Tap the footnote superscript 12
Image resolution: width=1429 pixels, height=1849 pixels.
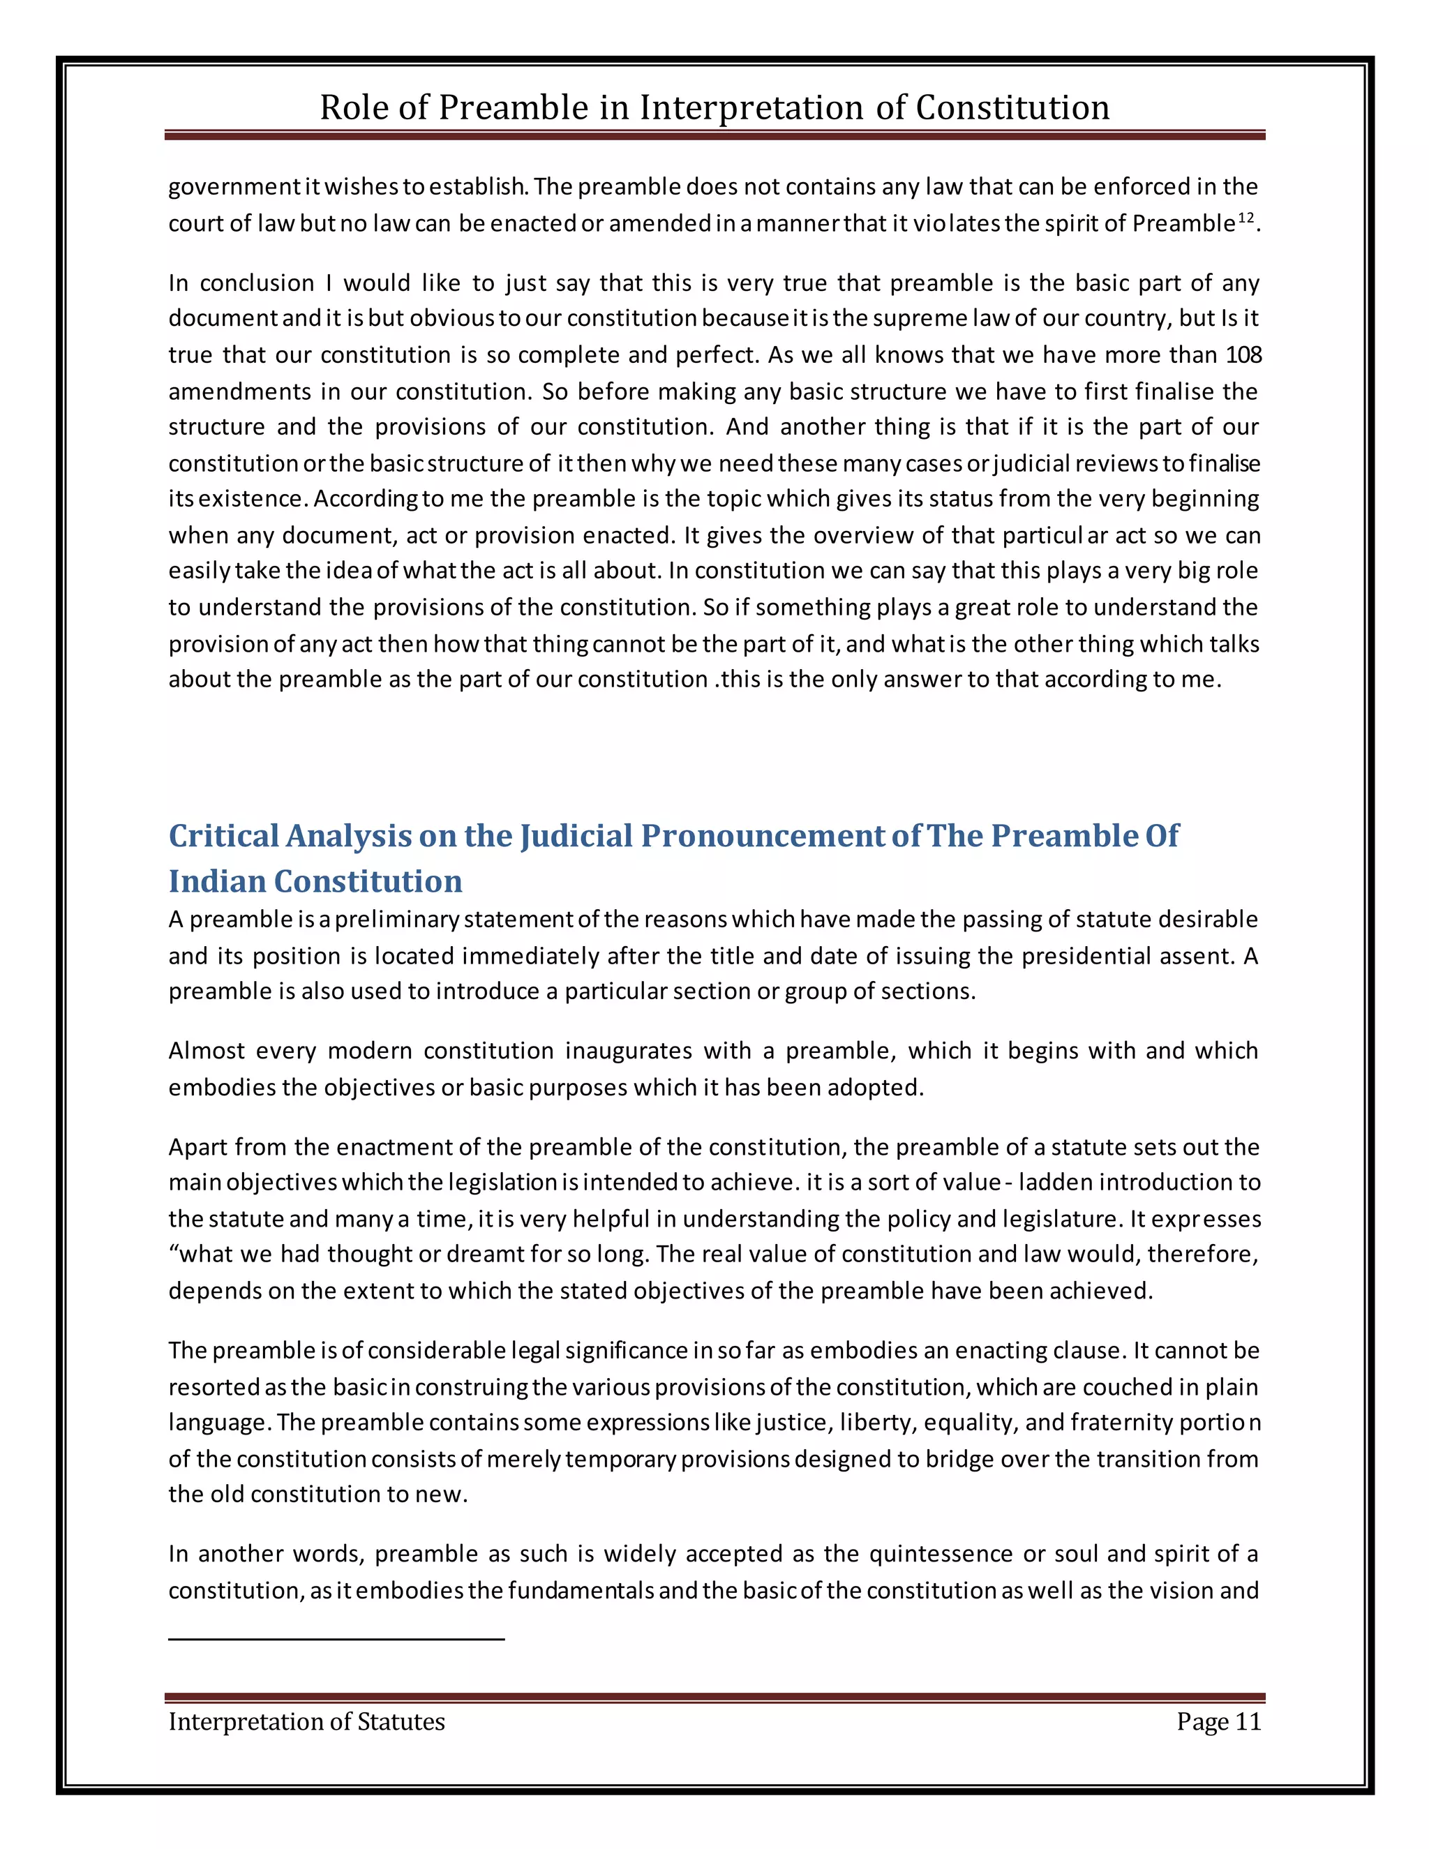(x=1245, y=218)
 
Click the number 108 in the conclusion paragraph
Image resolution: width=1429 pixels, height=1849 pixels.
(x=1243, y=354)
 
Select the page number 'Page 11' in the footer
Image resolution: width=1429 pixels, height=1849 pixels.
(x=1218, y=1721)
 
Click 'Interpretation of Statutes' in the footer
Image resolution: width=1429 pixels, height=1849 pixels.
(x=306, y=1721)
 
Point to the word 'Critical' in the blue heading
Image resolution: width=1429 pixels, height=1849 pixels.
(x=223, y=836)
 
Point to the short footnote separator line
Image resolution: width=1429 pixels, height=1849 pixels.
(x=336, y=1640)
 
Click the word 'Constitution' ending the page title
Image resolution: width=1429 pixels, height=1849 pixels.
(x=1012, y=108)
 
